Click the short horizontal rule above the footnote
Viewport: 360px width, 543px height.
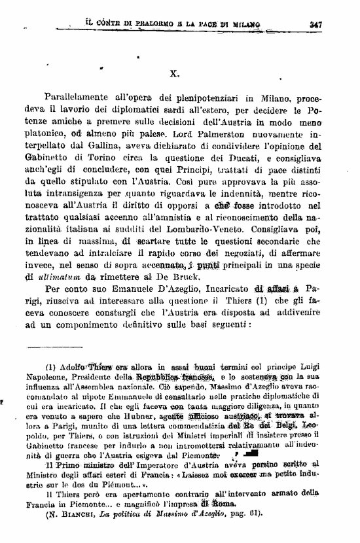(x=52, y=347)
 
